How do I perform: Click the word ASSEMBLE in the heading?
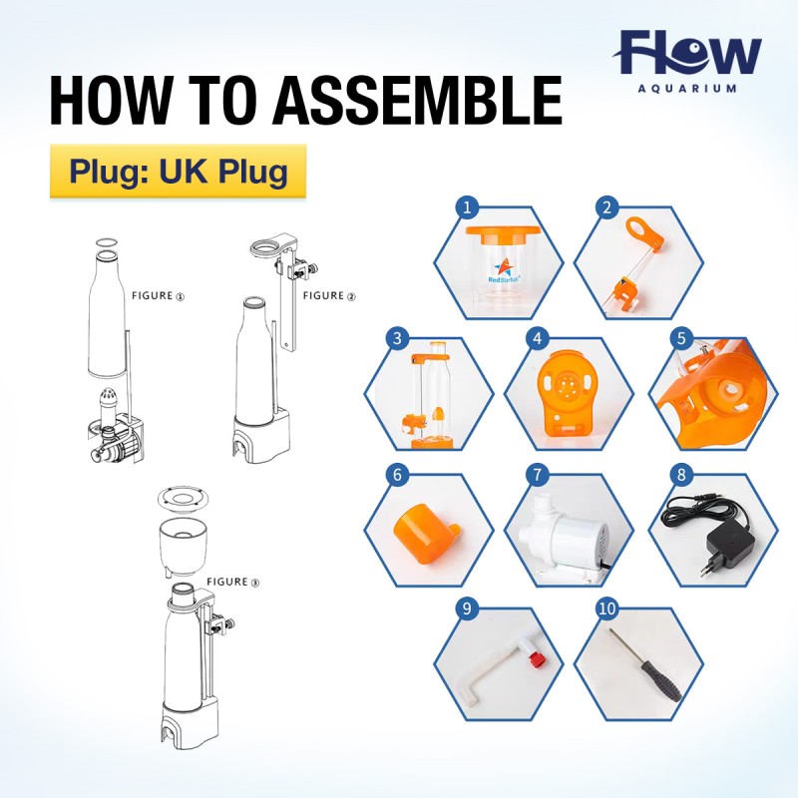coord(418,101)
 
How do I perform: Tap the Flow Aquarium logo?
coord(687,61)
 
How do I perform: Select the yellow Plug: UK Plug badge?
coord(179,171)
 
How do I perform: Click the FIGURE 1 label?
coord(159,295)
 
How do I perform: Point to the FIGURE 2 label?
coord(329,295)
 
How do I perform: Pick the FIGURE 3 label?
coord(233,582)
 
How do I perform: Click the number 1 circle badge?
coord(467,207)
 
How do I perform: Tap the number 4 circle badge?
coord(538,338)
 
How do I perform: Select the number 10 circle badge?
coord(607,608)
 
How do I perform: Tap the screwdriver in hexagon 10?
coord(646,665)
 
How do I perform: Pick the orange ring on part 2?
coord(642,232)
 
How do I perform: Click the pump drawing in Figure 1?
coord(116,433)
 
